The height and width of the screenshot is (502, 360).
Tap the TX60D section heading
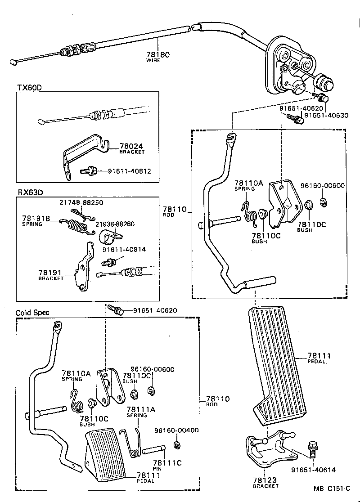(x=29, y=87)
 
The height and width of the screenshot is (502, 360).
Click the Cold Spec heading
(x=32, y=313)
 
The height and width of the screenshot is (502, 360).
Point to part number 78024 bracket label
(x=131, y=146)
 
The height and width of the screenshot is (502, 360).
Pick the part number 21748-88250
(x=81, y=203)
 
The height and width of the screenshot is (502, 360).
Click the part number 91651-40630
(x=326, y=115)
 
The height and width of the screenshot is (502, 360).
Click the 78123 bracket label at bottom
(x=265, y=480)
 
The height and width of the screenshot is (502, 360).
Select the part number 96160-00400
(x=176, y=430)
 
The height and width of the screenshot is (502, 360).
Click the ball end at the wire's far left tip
(x=13, y=61)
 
